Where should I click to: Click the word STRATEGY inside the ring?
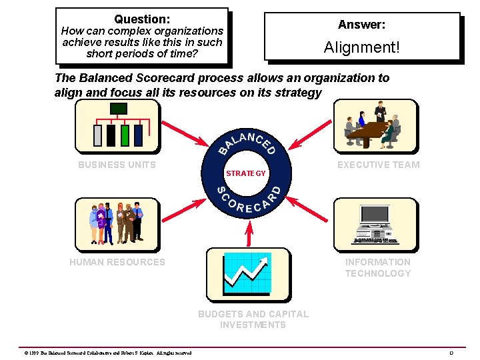[x=245, y=173]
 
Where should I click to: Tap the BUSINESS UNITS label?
[x=117, y=165]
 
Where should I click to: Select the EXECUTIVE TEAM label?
[x=378, y=165]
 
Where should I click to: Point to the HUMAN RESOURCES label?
[x=117, y=262]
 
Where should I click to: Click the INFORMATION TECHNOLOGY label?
[x=378, y=267]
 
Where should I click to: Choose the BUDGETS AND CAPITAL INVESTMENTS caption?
[x=253, y=319]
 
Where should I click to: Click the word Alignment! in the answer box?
[x=361, y=47]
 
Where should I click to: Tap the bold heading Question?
[x=142, y=19]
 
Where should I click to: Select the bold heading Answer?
[x=361, y=25]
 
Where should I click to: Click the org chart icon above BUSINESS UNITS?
[x=117, y=126]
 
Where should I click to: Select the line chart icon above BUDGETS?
[x=247, y=273]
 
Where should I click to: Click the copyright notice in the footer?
[x=107, y=353]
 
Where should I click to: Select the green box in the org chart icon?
[x=125, y=135]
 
